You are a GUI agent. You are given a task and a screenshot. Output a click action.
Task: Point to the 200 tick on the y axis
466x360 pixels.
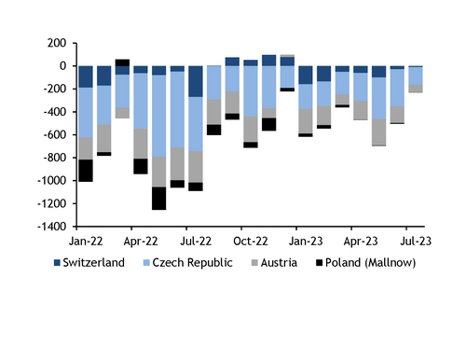click(54, 43)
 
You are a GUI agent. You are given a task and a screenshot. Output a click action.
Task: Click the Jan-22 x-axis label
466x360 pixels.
click(86, 238)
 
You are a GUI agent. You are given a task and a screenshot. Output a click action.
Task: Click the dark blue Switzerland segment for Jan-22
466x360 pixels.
click(86, 76)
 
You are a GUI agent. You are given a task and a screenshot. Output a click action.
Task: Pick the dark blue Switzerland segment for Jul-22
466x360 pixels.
click(196, 81)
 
